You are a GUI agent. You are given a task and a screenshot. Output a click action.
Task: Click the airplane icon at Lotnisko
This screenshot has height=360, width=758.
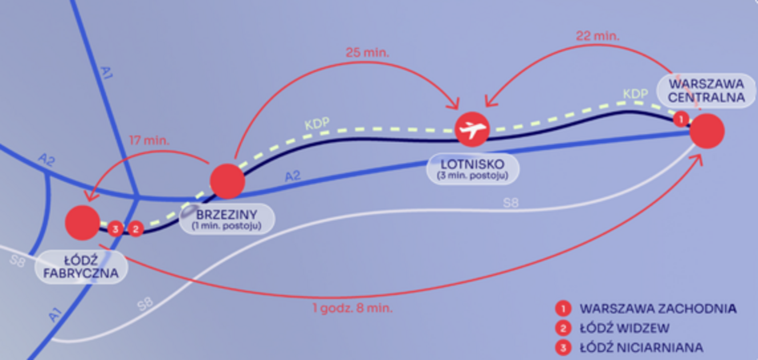coord(472,129)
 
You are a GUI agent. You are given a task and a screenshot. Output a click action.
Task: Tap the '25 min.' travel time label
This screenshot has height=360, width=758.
coord(367,52)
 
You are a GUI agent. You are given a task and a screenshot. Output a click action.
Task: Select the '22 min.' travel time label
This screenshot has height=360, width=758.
coord(598,35)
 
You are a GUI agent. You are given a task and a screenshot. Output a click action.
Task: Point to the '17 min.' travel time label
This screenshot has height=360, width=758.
coord(149,141)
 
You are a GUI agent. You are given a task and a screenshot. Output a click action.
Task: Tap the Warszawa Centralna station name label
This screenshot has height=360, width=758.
coord(706,90)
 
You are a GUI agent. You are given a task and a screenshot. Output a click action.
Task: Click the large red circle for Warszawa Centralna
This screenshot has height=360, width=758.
coord(707,131)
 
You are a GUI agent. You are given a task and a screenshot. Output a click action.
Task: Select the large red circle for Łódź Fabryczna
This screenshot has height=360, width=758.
coord(83,223)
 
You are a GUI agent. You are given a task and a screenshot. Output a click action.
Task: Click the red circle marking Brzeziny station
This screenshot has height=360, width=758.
coord(227,181)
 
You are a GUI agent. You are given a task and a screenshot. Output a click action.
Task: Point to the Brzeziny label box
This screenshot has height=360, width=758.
coord(227,220)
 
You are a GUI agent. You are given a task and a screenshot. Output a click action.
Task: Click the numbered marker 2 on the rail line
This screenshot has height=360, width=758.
coord(136,228)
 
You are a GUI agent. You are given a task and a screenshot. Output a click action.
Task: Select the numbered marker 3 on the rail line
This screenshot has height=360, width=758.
coord(115,228)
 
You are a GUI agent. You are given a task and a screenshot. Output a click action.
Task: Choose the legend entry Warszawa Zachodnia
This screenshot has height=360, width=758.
coord(646,308)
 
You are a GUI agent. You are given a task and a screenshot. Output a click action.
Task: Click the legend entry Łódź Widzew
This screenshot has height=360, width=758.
coord(613,328)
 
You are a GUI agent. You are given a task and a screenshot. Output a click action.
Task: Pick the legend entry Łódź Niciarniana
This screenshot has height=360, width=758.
coord(629,347)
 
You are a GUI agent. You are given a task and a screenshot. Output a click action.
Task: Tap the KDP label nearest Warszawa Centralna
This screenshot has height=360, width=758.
coord(635,94)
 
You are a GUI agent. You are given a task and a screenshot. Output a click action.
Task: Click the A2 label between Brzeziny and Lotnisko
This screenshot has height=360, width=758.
coord(293,177)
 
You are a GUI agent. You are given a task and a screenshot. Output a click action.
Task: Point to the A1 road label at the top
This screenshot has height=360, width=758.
coord(107,73)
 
